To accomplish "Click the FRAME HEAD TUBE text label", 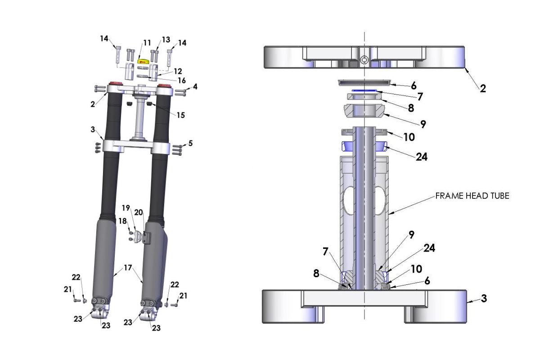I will click(x=472, y=196).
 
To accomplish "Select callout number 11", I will click(x=147, y=43).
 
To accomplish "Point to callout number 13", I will click(x=166, y=40).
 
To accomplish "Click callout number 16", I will click(x=169, y=81).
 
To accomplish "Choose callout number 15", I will click(x=180, y=116).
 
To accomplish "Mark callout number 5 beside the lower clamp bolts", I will click(x=191, y=143).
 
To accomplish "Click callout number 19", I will click(x=126, y=208).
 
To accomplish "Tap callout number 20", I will click(x=139, y=212).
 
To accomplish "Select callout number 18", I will click(x=122, y=221).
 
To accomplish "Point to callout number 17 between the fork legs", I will click(x=128, y=267).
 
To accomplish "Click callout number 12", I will click(x=177, y=71).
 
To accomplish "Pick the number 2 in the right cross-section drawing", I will click(x=482, y=89).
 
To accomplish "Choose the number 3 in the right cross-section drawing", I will click(x=484, y=298).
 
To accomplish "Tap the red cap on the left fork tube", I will click(x=113, y=84).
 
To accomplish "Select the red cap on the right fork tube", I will click(x=165, y=84).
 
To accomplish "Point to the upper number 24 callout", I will click(x=421, y=157).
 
